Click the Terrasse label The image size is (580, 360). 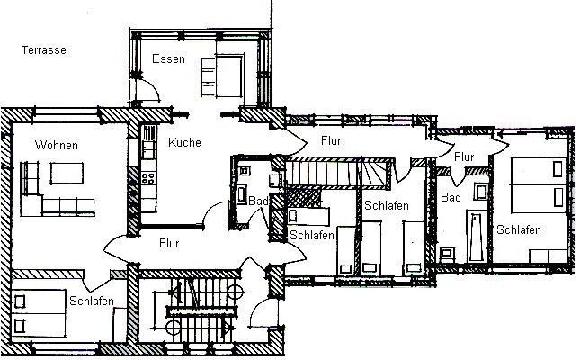pos(44,50)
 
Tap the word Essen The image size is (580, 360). pos(168,58)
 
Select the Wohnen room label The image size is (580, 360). pos(57,145)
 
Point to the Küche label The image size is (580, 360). pos(184,142)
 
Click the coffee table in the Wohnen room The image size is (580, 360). pos(67,173)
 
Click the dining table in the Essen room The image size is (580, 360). pos(229,76)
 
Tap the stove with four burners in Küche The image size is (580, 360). pos(148,177)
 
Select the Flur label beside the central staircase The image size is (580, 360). pos(169,243)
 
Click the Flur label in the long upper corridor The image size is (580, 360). pos(331,140)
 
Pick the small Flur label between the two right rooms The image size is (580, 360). pos(464,157)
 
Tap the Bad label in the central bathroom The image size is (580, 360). pos(258,201)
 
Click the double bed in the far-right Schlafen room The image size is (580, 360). pos(539,185)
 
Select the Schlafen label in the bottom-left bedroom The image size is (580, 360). pos(92,301)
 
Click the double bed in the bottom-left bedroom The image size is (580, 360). pos(39,313)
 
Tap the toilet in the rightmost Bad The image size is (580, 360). pos(447,254)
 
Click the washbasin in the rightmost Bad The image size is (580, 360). pos(481,193)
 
